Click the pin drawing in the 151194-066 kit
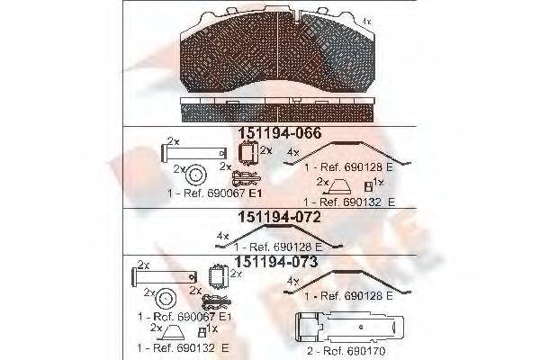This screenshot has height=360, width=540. click(x=186, y=153)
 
